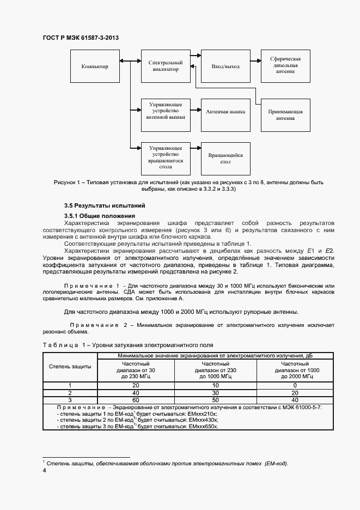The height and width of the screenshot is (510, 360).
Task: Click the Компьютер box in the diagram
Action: click(x=95, y=66)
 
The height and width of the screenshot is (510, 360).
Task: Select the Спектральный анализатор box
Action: click(x=165, y=66)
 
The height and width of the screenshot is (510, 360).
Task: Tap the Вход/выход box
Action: click(x=225, y=66)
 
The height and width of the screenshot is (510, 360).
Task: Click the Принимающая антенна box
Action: click(x=285, y=114)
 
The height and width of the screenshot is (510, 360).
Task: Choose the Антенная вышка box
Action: click(x=225, y=111)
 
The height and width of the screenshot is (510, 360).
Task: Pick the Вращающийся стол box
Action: click(x=225, y=159)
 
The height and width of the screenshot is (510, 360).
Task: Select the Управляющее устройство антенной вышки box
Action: click(x=165, y=111)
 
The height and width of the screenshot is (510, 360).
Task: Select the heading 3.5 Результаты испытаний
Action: click(x=105, y=206)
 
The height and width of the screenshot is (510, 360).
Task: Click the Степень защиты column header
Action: click(x=70, y=367)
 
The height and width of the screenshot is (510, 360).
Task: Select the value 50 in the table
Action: click(x=216, y=399)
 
